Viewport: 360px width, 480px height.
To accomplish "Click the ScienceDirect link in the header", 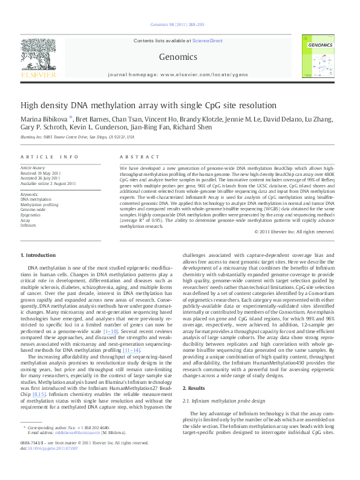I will pos(208,41).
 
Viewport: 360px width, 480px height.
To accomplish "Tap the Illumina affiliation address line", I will pos(77,137).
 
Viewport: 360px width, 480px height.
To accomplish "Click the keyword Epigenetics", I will pos(31,215).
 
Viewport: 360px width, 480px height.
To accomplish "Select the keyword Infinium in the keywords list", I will pos(28,225).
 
